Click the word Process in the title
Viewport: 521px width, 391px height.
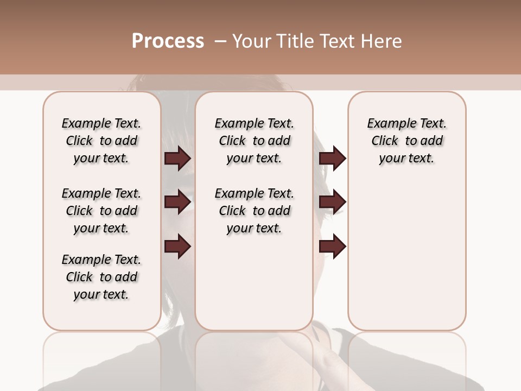[x=168, y=41]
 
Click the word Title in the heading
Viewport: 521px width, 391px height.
[x=293, y=41]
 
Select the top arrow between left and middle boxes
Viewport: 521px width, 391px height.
[x=177, y=159]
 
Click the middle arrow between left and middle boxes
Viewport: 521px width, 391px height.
[x=177, y=202]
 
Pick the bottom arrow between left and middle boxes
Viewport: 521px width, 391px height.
[x=177, y=247]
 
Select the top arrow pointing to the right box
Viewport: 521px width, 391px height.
[x=332, y=159]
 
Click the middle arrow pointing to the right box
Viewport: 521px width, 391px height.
[x=332, y=202]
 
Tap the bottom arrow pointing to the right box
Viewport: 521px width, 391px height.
[x=332, y=247]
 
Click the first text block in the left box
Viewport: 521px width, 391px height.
[x=101, y=141]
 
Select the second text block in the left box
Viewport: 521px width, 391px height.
[x=101, y=211]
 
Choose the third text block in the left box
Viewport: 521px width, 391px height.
[x=101, y=277]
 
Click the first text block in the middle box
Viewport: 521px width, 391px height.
[x=254, y=141]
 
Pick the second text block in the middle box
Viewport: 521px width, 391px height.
[x=254, y=211]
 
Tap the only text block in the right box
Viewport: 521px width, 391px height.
[x=406, y=141]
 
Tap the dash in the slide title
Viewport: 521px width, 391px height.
[x=220, y=41]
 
